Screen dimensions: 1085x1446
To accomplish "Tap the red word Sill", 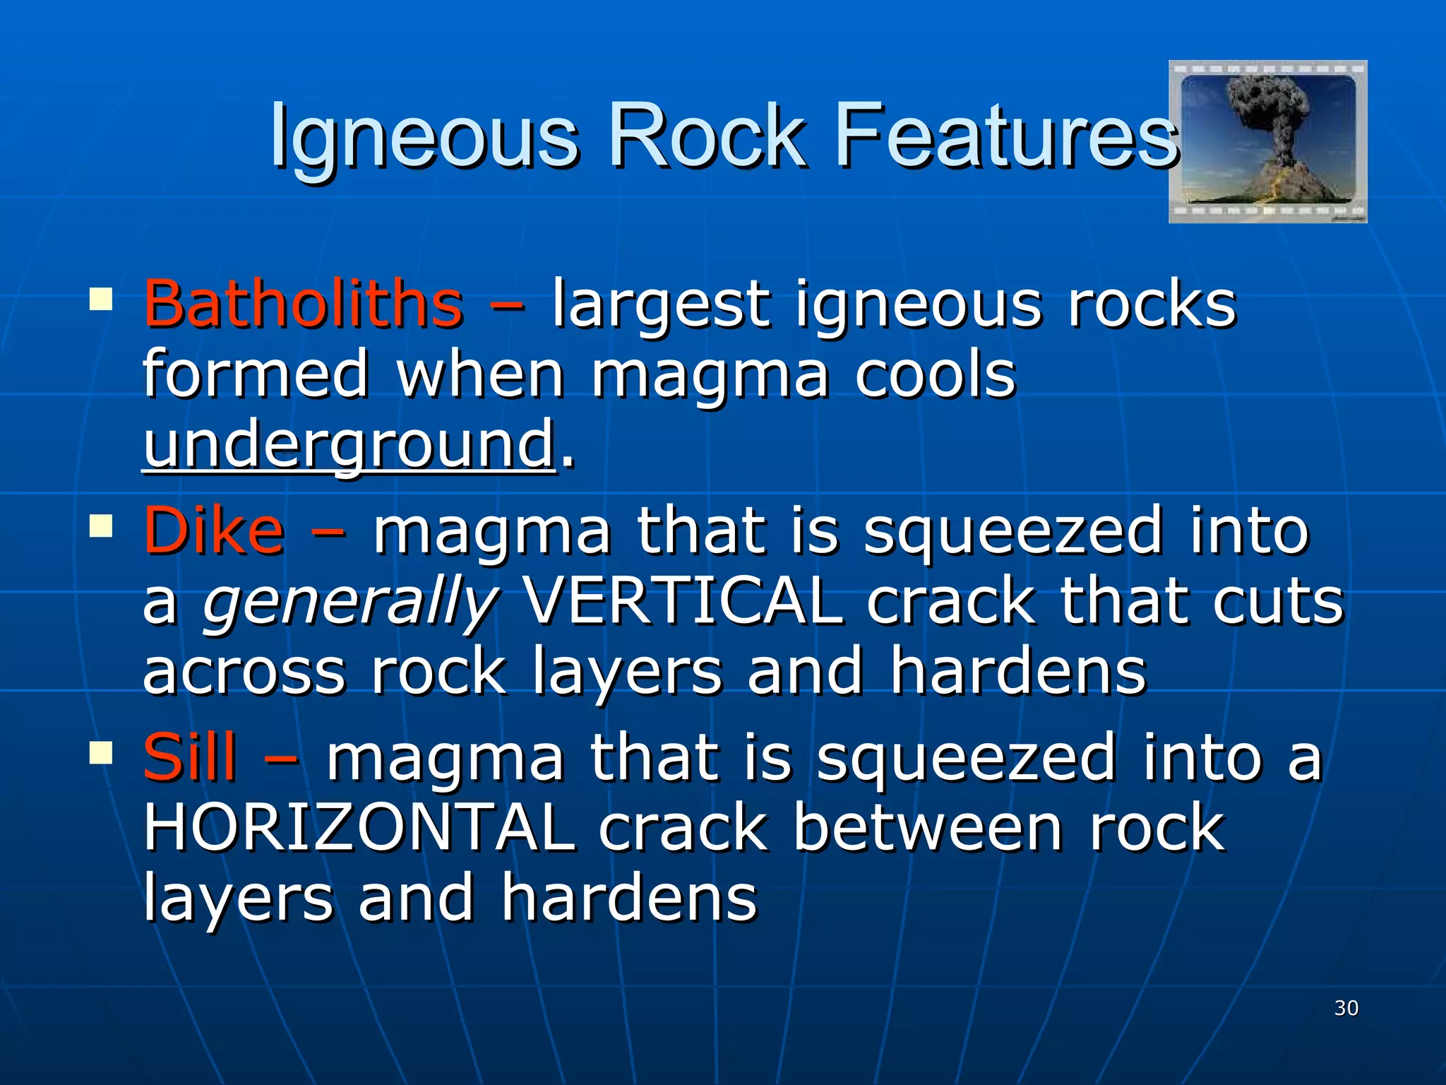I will coord(189,757).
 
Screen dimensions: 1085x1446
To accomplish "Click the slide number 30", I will coord(1346,1008).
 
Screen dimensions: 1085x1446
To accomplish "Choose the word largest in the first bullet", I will coord(659,305).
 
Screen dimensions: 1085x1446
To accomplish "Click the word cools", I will coord(935,374).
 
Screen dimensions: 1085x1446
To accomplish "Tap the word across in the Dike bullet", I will coord(244,672).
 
